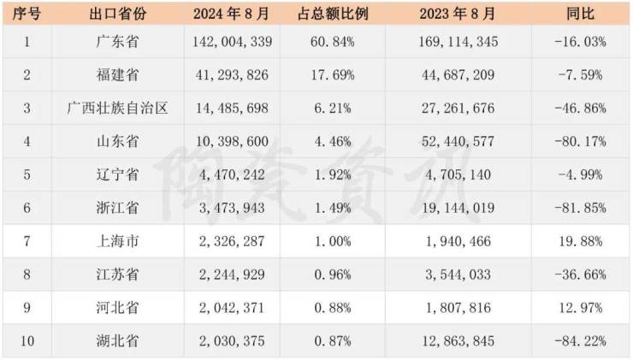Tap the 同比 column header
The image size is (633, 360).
pyautogui.click(x=582, y=13)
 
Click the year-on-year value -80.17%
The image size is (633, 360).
pyautogui.click(x=580, y=141)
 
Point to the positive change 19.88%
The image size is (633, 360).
pyautogui.click(x=582, y=241)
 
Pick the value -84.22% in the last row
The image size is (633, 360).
pyautogui.click(x=580, y=341)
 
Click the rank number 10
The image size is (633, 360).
pyautogui.click(x=27, y=341)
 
